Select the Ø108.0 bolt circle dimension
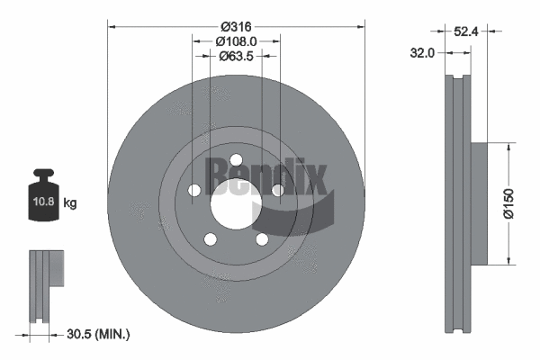pos(237,40)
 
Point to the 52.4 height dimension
pos(465,31)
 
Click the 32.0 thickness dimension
pos(422,53)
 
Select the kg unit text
pos(70,203)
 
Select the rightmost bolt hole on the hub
pos(278,190)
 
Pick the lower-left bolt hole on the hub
pos(210,239)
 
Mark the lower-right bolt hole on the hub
pos(262,239)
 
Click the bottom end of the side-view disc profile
pos(458,328)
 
